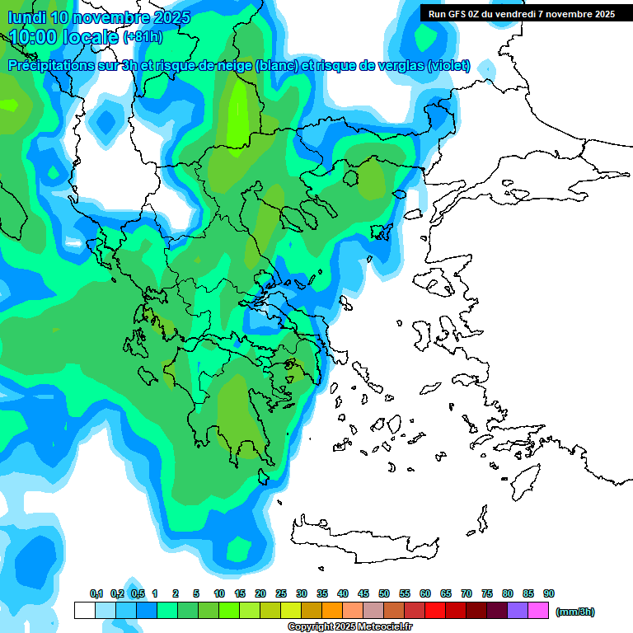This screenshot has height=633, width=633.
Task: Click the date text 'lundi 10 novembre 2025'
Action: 99,17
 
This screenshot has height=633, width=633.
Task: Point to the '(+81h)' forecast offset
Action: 143,37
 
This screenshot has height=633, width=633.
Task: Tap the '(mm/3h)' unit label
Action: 575,612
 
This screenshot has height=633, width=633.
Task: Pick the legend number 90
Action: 549,593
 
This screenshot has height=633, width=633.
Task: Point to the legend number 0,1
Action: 96,593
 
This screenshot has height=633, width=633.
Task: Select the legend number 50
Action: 384,593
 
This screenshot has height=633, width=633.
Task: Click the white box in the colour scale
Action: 84,611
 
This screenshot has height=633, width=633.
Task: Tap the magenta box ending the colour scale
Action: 538,611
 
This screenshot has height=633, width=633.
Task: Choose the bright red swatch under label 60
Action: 435,611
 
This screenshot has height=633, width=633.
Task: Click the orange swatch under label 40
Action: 332,611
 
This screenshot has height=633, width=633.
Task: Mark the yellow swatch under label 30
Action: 291,611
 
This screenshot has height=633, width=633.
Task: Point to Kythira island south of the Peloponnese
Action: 264,476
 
